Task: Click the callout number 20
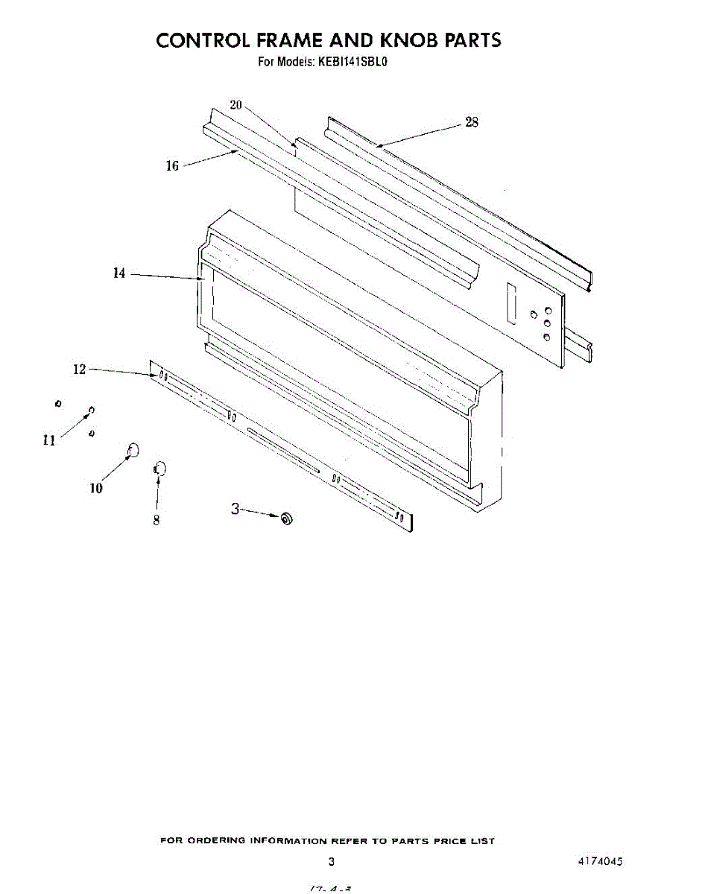(x=236, y=105)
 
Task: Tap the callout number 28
(x=472, y=123)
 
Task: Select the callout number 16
(x=172, y=166)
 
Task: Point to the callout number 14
(x=119, y=273)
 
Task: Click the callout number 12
(x=80, y=369)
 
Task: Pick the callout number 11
(x=49, y=440)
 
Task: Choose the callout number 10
(x=96, y=489)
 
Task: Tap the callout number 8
(x=157, y=521)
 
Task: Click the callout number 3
(x=235, y=510)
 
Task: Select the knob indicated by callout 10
(x=133, y=449)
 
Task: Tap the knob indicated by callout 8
(x=159, y=469)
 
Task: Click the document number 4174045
(x=599, y=861)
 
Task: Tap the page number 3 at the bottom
(x=331, y=862)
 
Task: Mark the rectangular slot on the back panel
(x=510, y=303)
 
